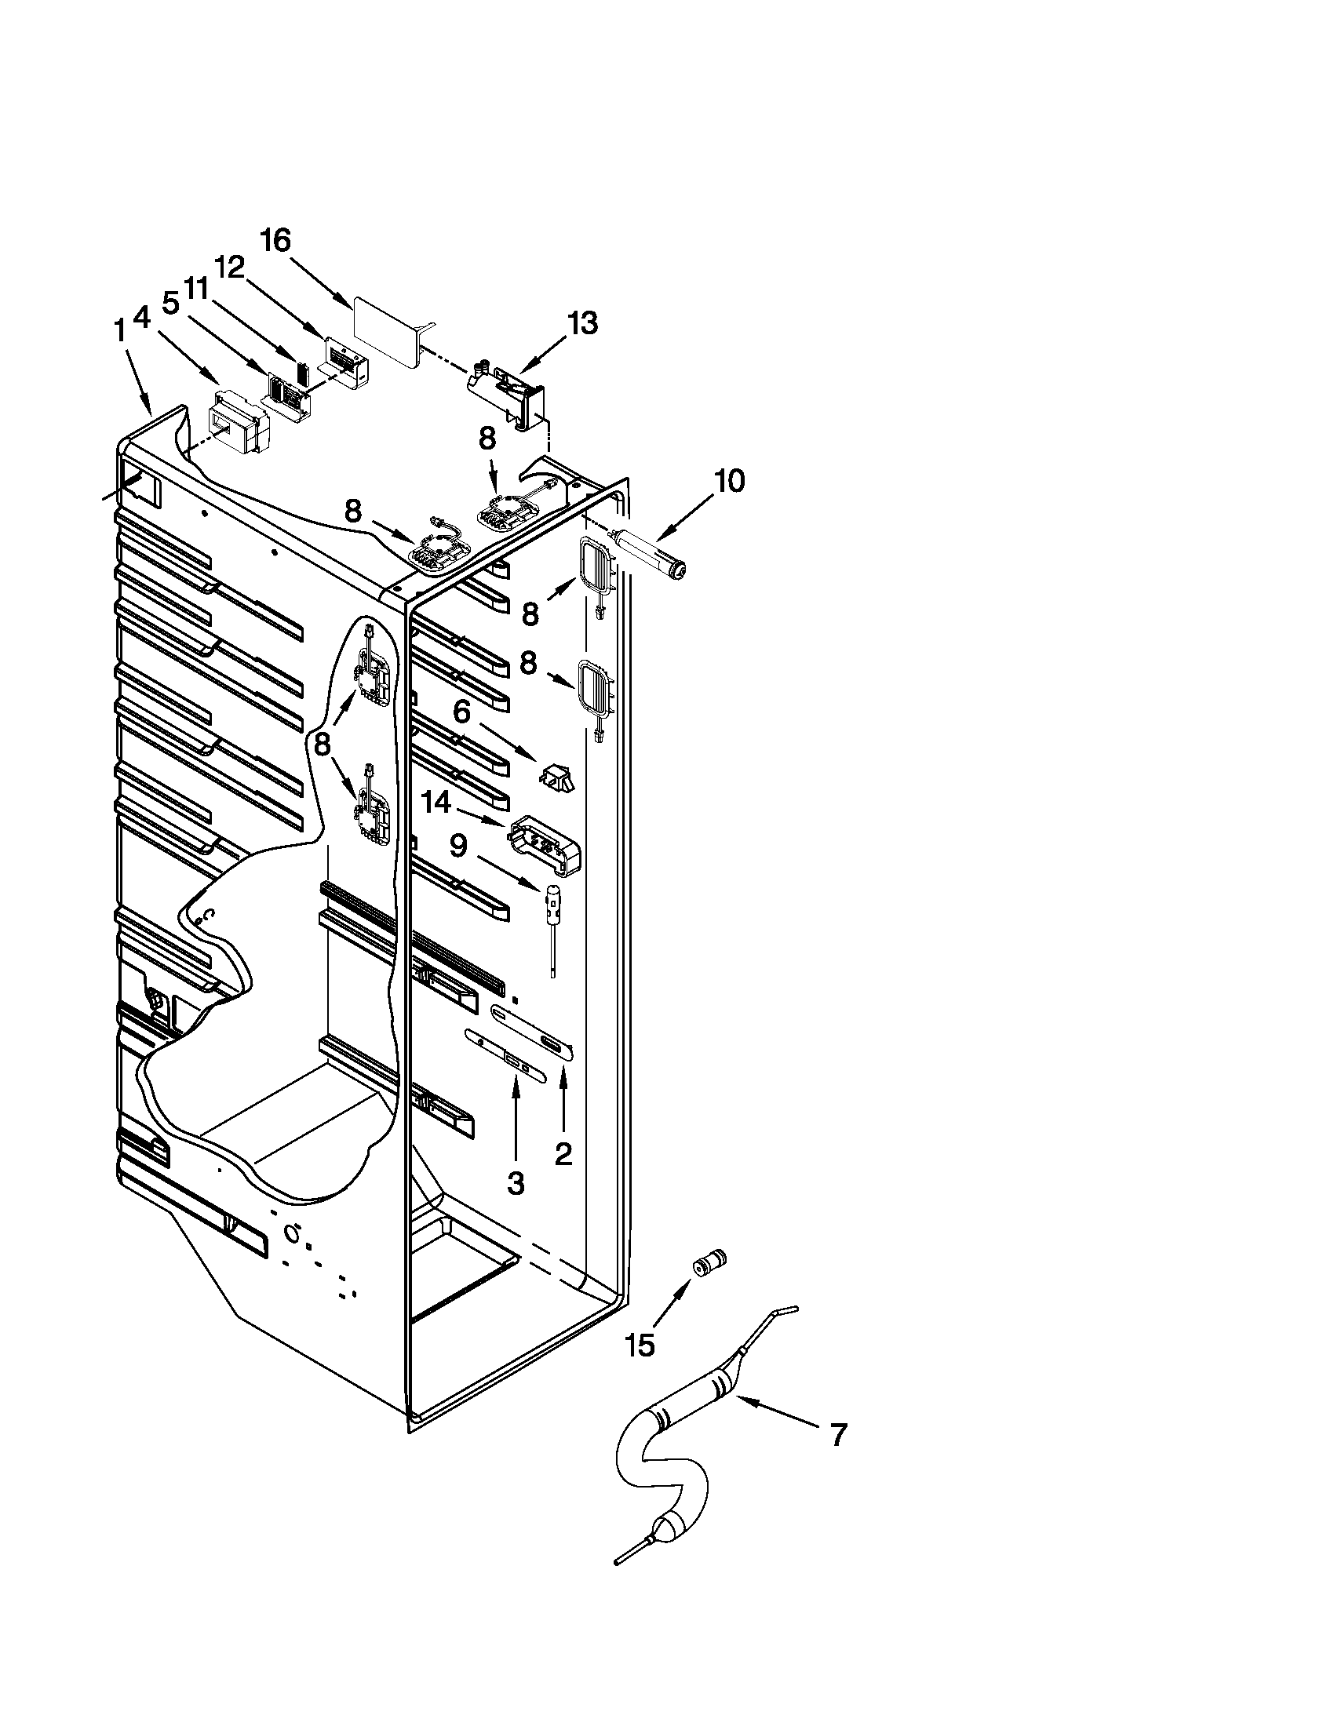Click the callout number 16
coord(276,240)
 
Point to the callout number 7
coord(839,1434)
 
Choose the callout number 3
coord(515,1183)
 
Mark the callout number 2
coord(563,1155)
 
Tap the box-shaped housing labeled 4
coord(236,431)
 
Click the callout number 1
coord(120,331)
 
